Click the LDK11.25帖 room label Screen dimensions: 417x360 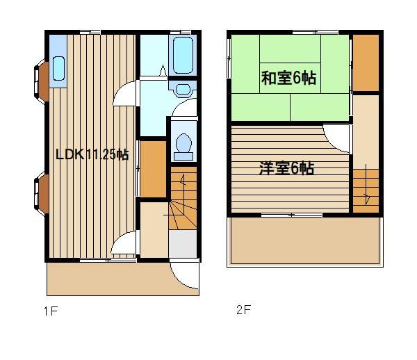pos(92,154)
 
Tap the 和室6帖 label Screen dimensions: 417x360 pos(289,78)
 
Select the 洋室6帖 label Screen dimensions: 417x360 pos(286,168)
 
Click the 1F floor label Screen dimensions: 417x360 pos(51,311)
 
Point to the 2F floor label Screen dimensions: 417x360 pos(244,310)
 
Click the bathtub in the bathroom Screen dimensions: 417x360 pos(183,56)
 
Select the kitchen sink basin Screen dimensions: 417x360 pos(58,68)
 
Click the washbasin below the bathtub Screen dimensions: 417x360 pos(183,89)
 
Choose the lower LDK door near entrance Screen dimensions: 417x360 pos(124,243)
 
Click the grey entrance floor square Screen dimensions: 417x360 pos(182,244)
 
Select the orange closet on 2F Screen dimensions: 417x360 pos(366,63)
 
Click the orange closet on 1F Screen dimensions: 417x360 pos(153,169)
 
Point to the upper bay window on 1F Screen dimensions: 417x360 pos(41,81)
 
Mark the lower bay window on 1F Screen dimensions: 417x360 pos(41,193)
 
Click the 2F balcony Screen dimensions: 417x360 pos(305,241)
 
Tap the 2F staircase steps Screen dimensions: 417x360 pos(366,191)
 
